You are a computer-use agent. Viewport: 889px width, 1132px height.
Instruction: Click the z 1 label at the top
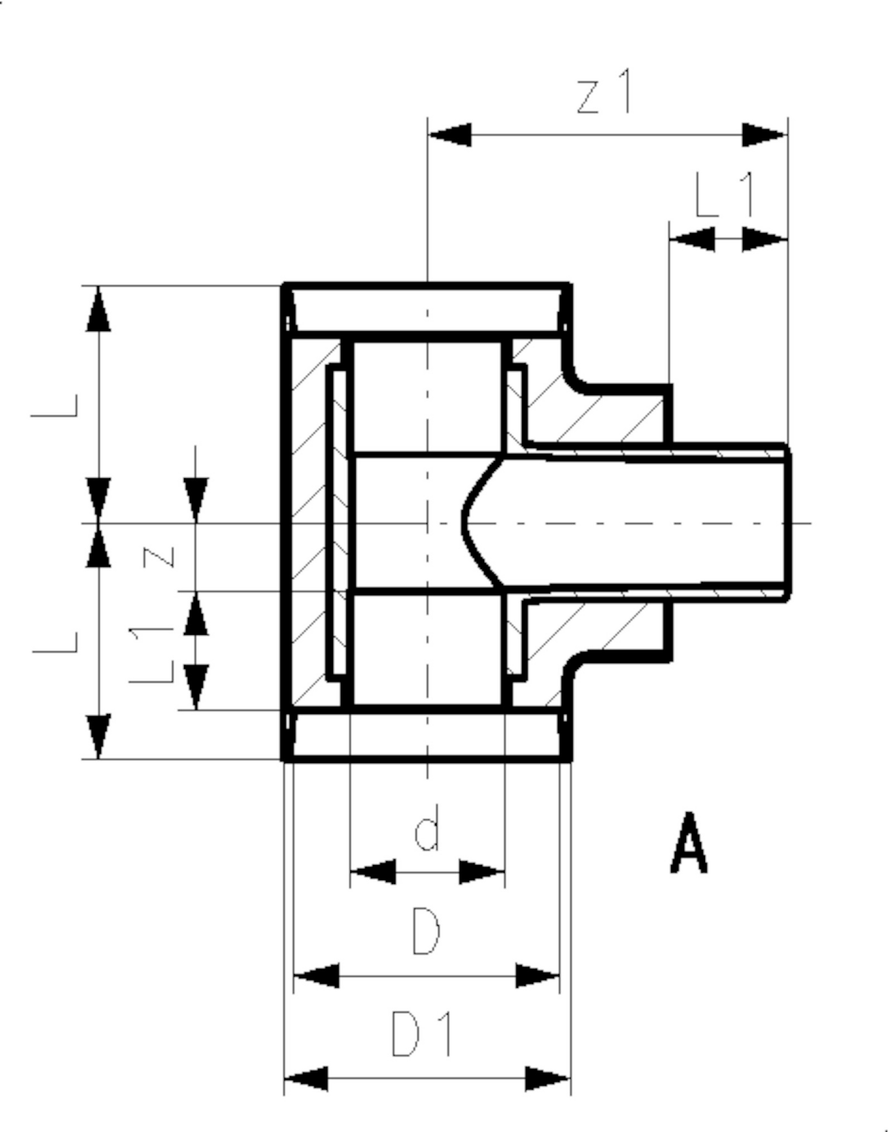(603, 91)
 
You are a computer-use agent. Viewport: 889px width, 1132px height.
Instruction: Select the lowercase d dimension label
(427, 827)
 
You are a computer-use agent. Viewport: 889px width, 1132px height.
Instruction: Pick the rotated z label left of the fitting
(158, 557)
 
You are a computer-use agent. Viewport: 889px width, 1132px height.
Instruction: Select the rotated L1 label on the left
(151, 654)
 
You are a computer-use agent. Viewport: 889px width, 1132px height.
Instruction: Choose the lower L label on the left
(55, 642)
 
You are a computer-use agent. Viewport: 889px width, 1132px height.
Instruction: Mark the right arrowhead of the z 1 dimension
(764, 135)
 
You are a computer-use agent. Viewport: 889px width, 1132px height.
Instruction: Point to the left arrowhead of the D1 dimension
(306, 1078)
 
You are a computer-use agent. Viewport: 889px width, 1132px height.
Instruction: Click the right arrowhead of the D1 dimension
(548, 1078)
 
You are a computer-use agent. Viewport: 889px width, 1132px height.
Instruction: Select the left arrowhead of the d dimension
(373, 872)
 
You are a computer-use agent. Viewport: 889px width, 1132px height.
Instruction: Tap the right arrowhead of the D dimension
(537, 976)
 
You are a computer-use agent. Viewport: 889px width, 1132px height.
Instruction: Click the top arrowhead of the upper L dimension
(99, 308)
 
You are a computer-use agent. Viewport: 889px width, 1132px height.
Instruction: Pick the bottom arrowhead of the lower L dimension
(99, 736)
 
